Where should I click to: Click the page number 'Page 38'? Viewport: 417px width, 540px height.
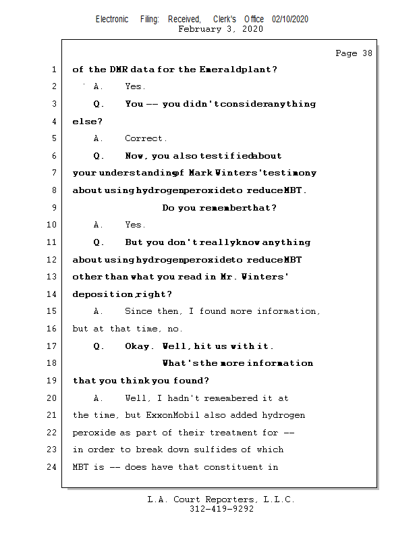pyautogui.click(x=354, y=53)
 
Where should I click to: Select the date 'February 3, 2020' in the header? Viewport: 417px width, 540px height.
pyautogui.click(x=221, y=29)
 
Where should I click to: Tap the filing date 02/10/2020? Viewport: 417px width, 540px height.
pyautogui.click(x=290, y=20)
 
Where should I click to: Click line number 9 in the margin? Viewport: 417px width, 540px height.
pyautogui.click(x=53, y=208)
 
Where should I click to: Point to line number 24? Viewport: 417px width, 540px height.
pyautogui.click(x=51, y=466)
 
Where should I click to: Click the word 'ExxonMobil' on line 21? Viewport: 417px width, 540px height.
pyautogui.click(x=169, y=415)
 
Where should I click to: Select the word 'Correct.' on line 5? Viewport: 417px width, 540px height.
pyautogui.click(x=145, y=138)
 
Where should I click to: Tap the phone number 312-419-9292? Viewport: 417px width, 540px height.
pyautogui.click(x=221, y=509)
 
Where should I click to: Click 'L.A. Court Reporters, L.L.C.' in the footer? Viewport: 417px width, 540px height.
pyautogui.click(x=221, y=500)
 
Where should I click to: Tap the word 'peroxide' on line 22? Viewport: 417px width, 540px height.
pyautogui.click(x=93, y=433)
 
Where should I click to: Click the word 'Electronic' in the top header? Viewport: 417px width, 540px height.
pyautogui.click(x=112, y=20)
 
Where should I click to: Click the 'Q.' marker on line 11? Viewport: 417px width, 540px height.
pyautogui.click(x=99, y=242)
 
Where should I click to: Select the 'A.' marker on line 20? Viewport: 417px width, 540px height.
pyautogui.click(x=99, y=398)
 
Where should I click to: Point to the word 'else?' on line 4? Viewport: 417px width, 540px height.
pyautogui.click(x=87, y=122)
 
